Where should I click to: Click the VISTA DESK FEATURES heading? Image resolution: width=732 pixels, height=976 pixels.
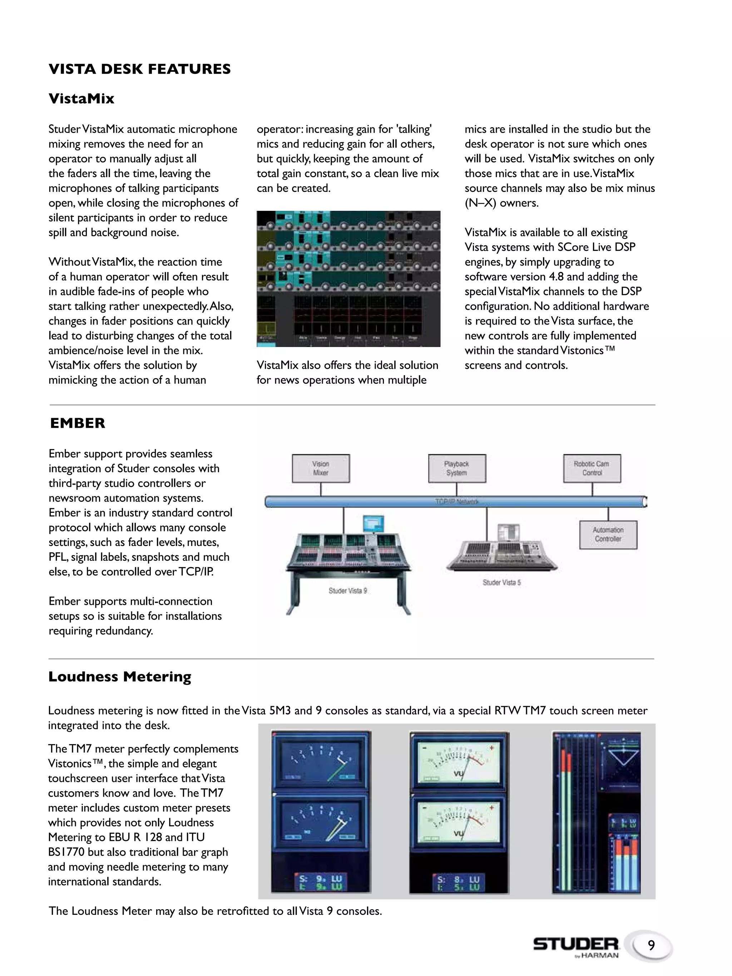tap(139, 69)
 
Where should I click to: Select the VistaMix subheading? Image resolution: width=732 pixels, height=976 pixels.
tap(81, 98)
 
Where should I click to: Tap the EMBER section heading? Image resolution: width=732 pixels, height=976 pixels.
tap(78, 423)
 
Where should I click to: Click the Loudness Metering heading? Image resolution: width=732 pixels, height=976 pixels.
tap(120, 677)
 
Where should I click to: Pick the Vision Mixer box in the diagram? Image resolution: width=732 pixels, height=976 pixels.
tap(321, 468)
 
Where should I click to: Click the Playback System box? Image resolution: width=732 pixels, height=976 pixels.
tap(457, 468)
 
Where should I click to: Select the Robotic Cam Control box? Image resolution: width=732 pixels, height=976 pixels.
tap(592, 468)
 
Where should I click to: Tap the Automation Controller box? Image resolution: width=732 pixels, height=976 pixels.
tap(608, 534)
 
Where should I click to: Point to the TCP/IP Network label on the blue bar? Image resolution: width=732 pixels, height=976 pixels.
tap(456, 502)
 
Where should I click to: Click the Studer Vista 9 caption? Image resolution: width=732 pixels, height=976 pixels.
tap(348, 590)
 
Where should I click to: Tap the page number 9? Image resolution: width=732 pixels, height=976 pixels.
tap(651, 946)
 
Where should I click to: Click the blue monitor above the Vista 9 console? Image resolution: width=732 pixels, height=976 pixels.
tap(373, 524)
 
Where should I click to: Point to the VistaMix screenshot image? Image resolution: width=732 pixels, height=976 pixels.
tap(348, 278)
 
